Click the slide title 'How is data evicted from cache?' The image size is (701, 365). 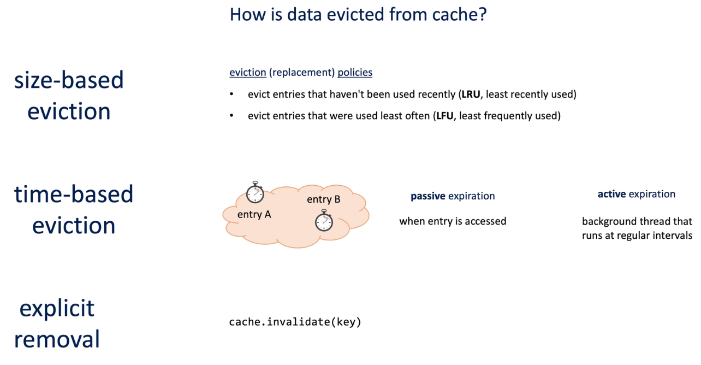click(x=358, y=15)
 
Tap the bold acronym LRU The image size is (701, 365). click(x=471, y=95)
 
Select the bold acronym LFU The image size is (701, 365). click(x=445, y=116)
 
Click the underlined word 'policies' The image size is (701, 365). click(x=355, y=73)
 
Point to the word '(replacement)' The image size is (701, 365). click(x=302, y=73)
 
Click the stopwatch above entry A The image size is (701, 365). click(x=255, y=192)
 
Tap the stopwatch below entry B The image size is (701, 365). click(x=324, y=221)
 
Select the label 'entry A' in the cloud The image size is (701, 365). click(x=254, y=215)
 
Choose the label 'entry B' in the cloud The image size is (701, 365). click(x=324, y=199)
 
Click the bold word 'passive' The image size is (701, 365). click(x=428, y=196)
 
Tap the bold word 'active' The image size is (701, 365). click(x=612, y=195)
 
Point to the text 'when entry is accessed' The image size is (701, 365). click(x=453, y=221)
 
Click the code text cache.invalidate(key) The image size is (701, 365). click(x=295, y=322)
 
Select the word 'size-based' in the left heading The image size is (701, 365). click(x=69, y=80)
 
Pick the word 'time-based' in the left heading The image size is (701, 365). click(x=74, y=195)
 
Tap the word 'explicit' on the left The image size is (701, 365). click(x=57, y=309)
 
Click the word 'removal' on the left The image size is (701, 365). click(x=57, y=339)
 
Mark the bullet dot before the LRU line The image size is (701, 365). click(x=231, y=94)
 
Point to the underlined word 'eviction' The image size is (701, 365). click(x=248, y=73)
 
